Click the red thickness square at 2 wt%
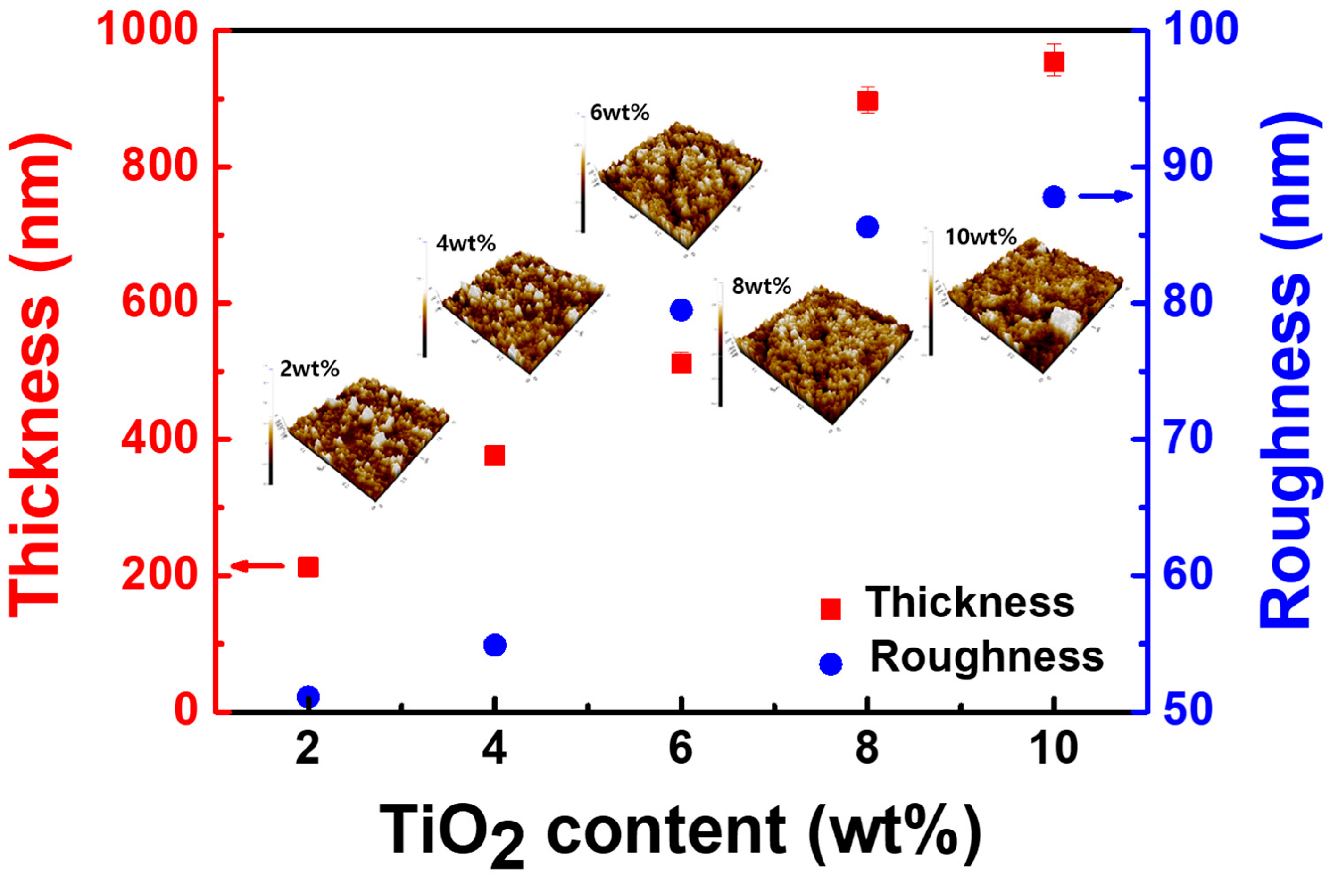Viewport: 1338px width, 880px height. pos(308,567)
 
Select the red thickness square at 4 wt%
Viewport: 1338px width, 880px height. pos(495,456)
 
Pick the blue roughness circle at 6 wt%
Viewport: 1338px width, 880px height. pos(681,309)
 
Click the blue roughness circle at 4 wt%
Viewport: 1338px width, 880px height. pos(495,645)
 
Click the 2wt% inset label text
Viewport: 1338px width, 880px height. pos(309,369)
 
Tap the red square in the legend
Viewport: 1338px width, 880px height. pos(831,609)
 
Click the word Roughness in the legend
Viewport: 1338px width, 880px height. pos(987,657)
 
